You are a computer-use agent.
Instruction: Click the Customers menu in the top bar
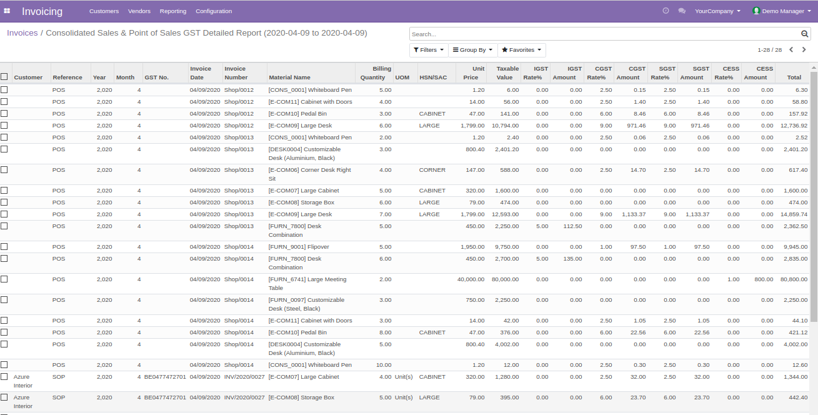[x=104, y=11]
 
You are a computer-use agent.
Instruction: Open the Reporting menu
[x=173, y=11]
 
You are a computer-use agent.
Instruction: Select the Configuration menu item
[x=214, y=11]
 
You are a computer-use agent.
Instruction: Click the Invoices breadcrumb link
[x=22, y=33]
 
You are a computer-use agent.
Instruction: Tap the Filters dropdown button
[x=428, y=50]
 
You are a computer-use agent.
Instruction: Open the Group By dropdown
[x=472, y=50]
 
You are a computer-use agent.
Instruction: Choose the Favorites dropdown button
[x=521, y=50]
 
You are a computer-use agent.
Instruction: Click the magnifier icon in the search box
[x=805, y=34]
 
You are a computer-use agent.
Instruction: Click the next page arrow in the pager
[x=804, y=50]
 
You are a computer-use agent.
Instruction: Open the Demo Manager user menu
[x=782, y=11]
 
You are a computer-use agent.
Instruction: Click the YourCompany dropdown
[x=717, y=11]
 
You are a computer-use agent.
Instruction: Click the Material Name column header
[x=289, y=77]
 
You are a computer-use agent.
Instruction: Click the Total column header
[x=794, y=77]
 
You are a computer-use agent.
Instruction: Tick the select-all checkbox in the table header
[x=4, y=77]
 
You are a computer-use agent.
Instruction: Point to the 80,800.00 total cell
[x=794, y=279]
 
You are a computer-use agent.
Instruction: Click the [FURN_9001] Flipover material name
[x=299, y=247]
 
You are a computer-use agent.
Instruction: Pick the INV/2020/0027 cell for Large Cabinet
[x=244, y=377]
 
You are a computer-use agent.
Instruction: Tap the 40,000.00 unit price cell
[x=471, y=279]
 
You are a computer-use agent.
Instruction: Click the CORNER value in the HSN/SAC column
[x=432, y=170]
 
